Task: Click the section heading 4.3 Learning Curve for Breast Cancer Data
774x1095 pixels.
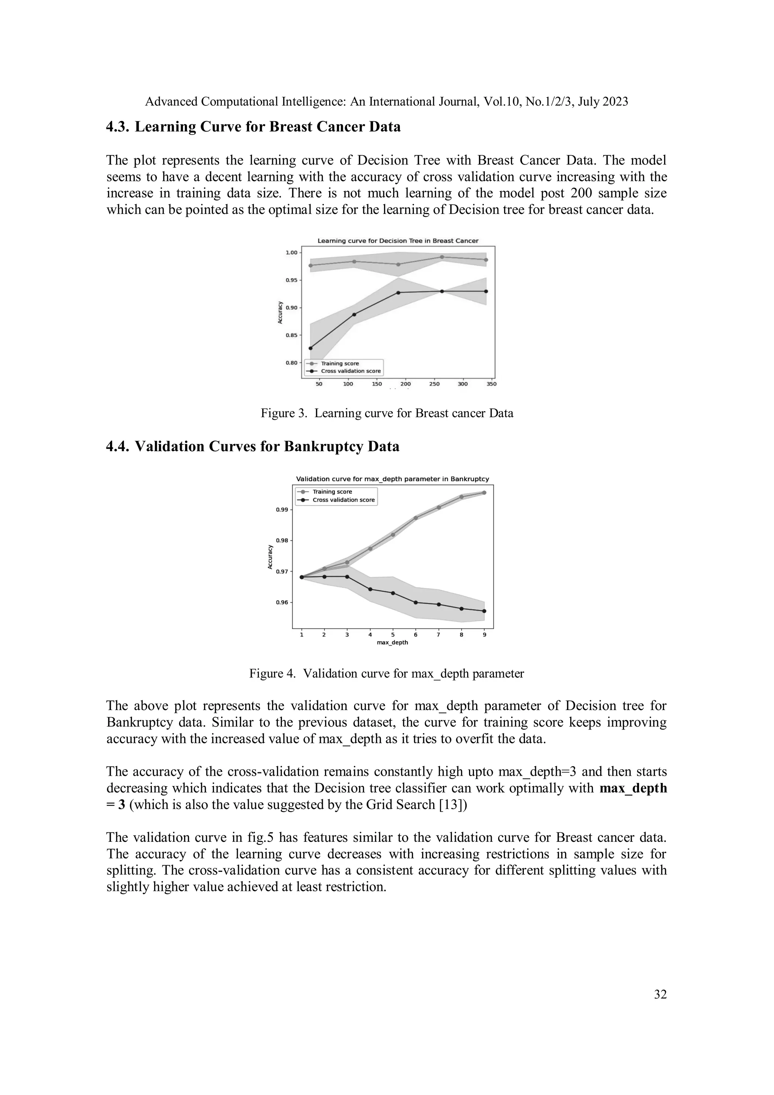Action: pos(253,127)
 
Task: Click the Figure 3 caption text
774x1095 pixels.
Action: pos(387,413)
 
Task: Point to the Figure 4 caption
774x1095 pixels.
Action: pos(386,673)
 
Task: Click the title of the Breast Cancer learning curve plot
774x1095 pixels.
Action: pos(398,241)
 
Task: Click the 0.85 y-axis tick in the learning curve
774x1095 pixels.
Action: pos(291,335)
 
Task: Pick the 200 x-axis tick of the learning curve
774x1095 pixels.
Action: pos(406,384)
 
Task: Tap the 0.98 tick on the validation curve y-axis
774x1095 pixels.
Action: pos(282,540)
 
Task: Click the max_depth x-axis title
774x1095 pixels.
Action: pos(392,642)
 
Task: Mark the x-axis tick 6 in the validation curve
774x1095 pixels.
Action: pos(415,635)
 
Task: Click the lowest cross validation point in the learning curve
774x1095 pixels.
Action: pos(310,348)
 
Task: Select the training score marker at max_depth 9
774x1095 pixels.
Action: pos(484,493)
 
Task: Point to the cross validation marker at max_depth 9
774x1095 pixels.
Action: pos(484,611)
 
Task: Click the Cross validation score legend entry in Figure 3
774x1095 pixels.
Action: pos(350,371)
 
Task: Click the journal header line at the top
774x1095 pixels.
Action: pos(386,102)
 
